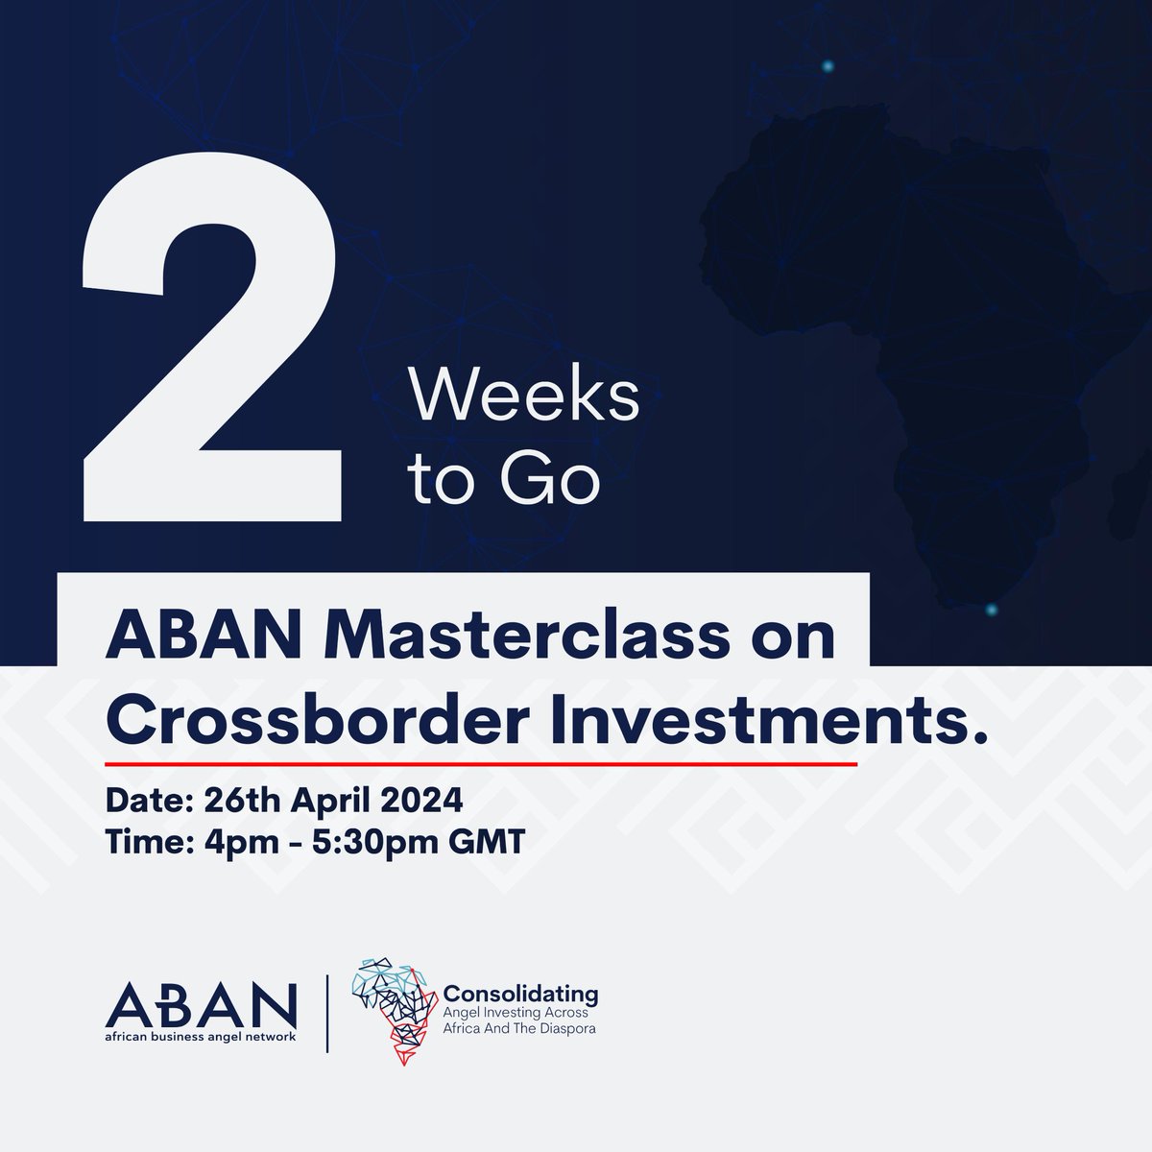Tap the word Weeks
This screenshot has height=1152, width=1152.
524,396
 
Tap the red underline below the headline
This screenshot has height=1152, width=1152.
480,765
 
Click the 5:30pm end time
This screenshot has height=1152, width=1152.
364,842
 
